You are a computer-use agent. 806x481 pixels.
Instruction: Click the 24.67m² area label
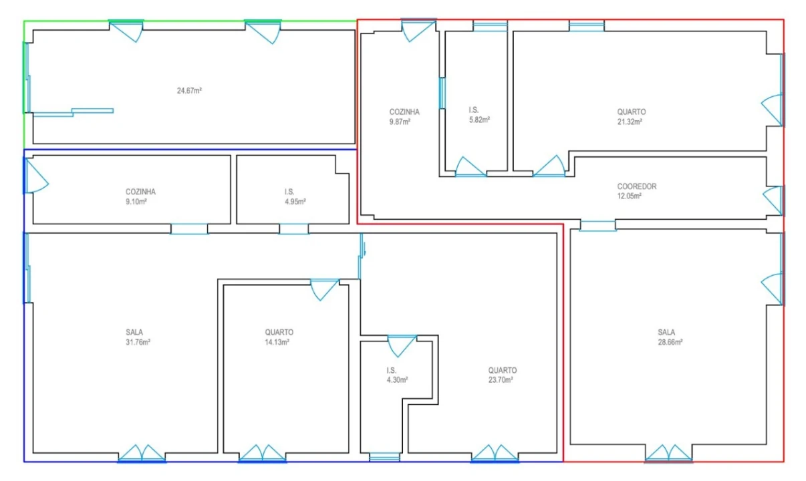point(189,91)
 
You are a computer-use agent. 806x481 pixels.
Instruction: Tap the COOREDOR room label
point(636,186)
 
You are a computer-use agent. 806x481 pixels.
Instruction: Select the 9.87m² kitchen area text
point(400,122)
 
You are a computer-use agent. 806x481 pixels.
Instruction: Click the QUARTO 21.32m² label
point(631,116)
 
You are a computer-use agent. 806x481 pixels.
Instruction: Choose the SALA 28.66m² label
point(670,337)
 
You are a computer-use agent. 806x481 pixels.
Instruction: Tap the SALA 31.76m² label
point(138,337)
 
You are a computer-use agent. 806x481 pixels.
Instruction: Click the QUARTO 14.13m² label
point(279,337)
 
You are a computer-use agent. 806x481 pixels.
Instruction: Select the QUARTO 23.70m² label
point(502,375)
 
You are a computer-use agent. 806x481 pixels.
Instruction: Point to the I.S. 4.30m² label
point(397,375)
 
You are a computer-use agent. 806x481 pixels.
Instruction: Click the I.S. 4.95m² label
point(295,196)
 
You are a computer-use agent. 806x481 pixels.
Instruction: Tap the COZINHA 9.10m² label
point(140,196)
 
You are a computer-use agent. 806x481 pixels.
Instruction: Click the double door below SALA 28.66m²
point(668,454)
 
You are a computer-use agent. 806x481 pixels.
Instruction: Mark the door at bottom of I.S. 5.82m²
point(471,167)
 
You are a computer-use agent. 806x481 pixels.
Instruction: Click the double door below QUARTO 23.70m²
point(495,454)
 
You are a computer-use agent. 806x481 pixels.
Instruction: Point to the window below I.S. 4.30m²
point(384,457)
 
